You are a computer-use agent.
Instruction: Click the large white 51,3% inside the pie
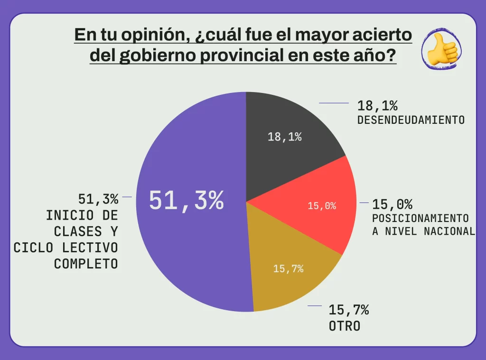coord(186,201)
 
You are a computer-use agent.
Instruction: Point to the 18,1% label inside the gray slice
coord(285,137)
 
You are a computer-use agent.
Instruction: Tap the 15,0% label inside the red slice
coord(322,206)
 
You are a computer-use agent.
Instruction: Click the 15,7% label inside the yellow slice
coord(288,269)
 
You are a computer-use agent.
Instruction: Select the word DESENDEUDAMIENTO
coord(411,120)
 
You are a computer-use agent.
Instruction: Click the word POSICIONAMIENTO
coord(420,219)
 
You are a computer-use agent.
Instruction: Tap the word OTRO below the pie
coord(345,327)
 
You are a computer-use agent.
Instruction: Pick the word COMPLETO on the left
coord(86,264)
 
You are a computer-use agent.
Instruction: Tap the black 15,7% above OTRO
coord(349,311)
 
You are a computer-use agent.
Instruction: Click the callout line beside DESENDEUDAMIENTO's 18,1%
coord(334,103)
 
